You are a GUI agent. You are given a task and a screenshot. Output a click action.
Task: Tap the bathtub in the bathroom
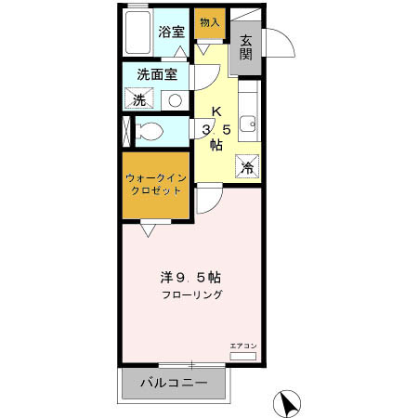(137, 34)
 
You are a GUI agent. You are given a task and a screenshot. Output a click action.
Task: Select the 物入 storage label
(210, 21)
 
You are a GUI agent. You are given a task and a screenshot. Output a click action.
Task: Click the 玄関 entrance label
(246, 47)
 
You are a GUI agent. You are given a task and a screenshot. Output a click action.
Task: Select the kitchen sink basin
(247, 123)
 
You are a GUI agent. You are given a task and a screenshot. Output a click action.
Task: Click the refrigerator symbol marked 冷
(247, 167)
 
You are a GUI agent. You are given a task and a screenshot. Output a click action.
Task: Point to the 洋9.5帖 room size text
(188, 277)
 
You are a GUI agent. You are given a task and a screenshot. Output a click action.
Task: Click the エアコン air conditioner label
(242, 346)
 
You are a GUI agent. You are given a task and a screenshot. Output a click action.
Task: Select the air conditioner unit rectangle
(242, 356)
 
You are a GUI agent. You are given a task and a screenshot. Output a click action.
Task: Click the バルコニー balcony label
(173, 382)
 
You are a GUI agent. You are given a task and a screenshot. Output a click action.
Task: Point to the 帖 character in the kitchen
(216, 145)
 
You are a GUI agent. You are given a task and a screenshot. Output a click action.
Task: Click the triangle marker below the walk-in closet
(148, 225)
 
